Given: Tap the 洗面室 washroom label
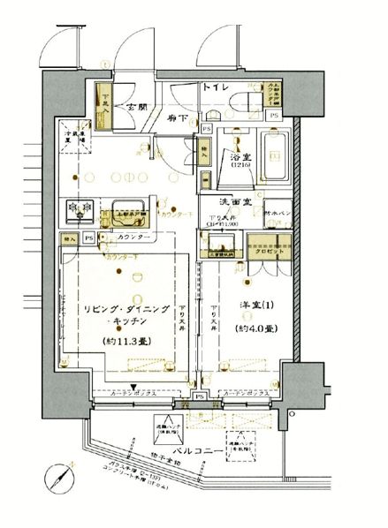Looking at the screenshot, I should (x=241, y=202).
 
